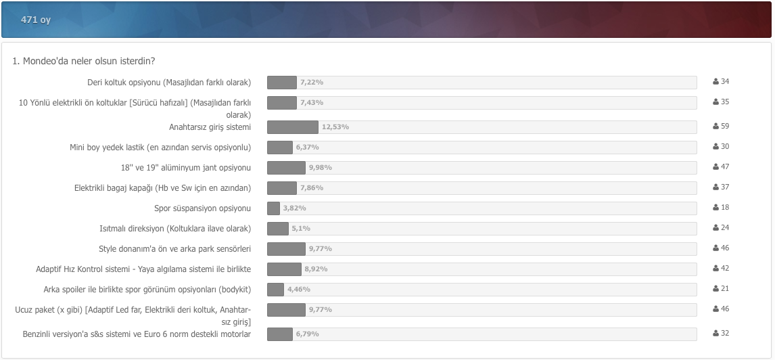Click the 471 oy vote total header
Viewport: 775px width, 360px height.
pos(36,20)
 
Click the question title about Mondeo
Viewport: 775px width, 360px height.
pos(84,61)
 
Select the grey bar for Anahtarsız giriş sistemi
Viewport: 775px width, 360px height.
pos(292,127)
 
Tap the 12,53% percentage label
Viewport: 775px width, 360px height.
pos(335,127)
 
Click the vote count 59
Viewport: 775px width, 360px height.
pos(725,127)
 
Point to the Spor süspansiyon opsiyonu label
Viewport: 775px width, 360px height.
pos(202,208)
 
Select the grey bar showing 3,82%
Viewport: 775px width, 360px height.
pos(273,208)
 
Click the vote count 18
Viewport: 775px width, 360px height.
pos(725,208)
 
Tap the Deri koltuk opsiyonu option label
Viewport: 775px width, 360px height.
pos(169,83)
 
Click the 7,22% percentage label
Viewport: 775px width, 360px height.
pos(312,83)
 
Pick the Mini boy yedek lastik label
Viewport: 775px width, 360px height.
pos(160,148)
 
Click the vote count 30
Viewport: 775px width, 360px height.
pos(725,147)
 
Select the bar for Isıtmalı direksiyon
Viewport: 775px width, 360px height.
pos(278,229)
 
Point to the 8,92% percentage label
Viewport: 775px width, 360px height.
pos(316,269)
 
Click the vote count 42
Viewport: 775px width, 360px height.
pos(725,269)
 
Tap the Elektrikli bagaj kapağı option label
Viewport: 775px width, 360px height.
pos(162,188)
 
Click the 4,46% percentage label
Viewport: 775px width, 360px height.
pos(298,290)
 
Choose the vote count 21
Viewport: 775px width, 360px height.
pos(725,289)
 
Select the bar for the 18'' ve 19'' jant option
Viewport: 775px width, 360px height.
pos(286,168)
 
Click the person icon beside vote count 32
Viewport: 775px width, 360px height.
pos(715,334)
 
